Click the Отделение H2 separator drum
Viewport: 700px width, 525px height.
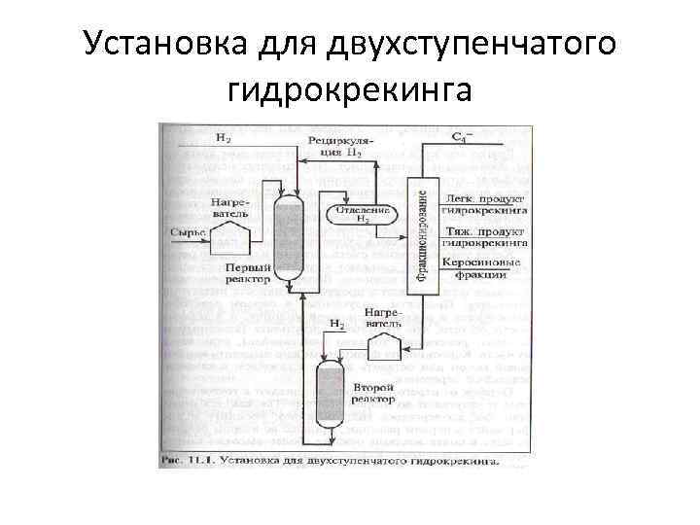[362, 215]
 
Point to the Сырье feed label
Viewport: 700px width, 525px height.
[188, 232]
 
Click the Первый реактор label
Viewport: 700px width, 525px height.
[247, 273]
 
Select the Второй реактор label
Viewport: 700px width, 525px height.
[374, 393]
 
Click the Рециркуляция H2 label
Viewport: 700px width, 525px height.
[336, 147]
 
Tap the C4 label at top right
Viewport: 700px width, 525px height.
[463, 138]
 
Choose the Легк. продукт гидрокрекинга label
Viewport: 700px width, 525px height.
[483, 202]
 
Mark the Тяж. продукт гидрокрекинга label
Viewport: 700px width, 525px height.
[483, 238]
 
